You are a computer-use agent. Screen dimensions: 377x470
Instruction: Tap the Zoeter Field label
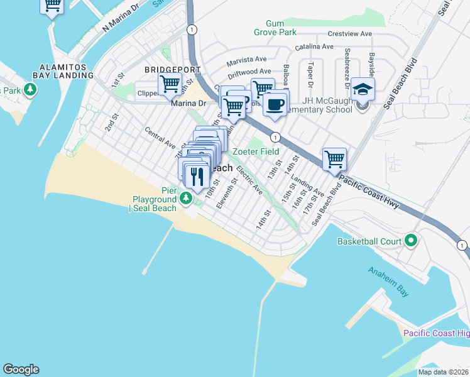tap(256, 151)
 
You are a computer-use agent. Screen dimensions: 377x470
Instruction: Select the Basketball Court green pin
tap(412, 240)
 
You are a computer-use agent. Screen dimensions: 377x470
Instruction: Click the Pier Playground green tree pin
tap(186, 199)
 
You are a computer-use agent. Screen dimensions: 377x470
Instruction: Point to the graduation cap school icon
tap(363, 89)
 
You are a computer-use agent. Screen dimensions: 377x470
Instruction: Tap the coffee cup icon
tap(275, 103)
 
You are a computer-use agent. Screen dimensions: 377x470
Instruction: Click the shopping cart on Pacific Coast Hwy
tap(335, 159)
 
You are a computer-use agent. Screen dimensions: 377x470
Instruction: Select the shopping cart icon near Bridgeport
tap(170, 84)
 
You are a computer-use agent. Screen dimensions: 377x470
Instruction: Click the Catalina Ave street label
tap(314, 46)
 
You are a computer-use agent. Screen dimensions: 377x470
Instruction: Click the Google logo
tap(21, 369)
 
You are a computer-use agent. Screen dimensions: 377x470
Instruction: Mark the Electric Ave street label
tap(249, 179)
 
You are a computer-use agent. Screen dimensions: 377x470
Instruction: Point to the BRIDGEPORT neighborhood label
tap(172, 70)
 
